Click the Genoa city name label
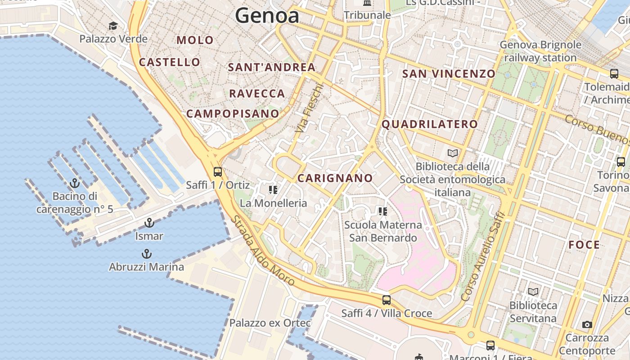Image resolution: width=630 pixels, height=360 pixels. pyautogui.click(x=267, y=16)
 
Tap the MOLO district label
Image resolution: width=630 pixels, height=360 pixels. pyautogui.click(x=195, y=40)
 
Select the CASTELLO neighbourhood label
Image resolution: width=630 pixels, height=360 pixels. pyautogui.click(x=170, y=62)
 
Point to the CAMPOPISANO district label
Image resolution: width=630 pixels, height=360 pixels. pyautogui.click(x=233, y=113)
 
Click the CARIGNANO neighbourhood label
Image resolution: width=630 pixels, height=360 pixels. pyautogui.click(x=335, y=178)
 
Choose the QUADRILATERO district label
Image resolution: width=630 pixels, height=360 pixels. pyautogui.click(x=430, y=124)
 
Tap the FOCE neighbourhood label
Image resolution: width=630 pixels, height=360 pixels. pyautogui.click(x=584, y=245)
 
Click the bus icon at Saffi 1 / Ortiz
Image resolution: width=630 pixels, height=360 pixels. pyautogui.click(x=218, y=171)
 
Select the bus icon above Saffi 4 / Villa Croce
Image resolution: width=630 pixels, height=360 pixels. pyautogui.click(x=386, y=300)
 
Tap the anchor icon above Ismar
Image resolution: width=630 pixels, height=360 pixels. pyautogui.click(x=149, y=223)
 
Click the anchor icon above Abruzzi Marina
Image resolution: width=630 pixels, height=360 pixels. pyautogui.click(x=146, y=254)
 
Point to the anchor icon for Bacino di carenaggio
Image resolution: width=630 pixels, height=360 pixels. pyautogui.click(x=75, y=183)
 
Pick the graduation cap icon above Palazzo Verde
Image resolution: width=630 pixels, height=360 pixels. pyautogui.click(x=113, y=26)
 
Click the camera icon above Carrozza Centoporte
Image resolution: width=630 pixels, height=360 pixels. pyautogui.click(x=587, y=324)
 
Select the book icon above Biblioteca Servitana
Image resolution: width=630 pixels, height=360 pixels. pyautogui.click(x=533, y=292)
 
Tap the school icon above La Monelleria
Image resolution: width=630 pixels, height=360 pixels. pyautogui.click(x=273, y=190)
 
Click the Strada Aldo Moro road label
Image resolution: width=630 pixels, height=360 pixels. pyautogui.click(x=263, y=251)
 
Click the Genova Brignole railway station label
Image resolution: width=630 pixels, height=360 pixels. pyautogui.click(x=540, y=51)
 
